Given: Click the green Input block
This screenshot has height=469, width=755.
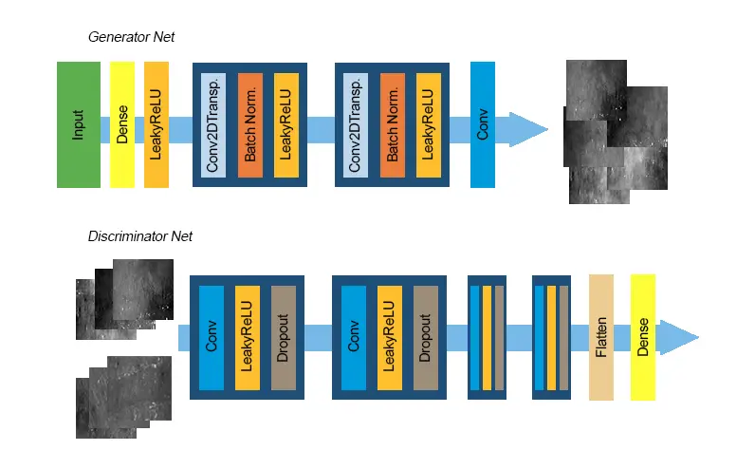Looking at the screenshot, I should [x=78, y=124].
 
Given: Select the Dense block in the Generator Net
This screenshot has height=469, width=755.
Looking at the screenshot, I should [x=122, y=124].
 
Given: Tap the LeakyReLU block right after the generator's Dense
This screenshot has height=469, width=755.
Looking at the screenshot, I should [x=157, y=124].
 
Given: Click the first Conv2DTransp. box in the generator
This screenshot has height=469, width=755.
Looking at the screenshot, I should [x=214, y=124].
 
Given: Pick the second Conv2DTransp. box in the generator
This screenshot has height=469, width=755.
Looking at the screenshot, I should [x=357, y=124].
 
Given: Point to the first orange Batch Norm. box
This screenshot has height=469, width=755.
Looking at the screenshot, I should [x=250, y=124].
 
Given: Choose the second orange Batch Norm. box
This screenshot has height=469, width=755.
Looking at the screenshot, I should [x=393, y=124].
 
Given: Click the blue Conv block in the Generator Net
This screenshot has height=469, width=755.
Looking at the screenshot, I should [x=483, y=124].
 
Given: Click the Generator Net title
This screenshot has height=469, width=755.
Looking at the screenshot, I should [x=131, y=37].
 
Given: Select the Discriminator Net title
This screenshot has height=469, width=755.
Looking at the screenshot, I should [x=140, y=235].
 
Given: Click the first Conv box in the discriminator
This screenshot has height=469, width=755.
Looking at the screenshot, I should [x=212, y=337].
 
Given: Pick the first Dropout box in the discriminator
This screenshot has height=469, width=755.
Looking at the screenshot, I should [x=284, y=337].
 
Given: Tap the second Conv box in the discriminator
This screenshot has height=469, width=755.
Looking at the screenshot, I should [x=354, y=337].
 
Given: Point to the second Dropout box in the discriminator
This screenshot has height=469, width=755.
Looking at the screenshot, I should [x=426, y=337].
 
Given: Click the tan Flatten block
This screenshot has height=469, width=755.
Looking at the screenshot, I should [x=601, y=337].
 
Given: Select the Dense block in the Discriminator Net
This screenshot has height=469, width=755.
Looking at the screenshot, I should [x=643, y=337].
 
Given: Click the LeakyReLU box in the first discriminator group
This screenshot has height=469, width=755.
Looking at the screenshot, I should [x=248, y=337].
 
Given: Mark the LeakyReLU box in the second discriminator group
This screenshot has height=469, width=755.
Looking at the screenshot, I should [x=390, y=337].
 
